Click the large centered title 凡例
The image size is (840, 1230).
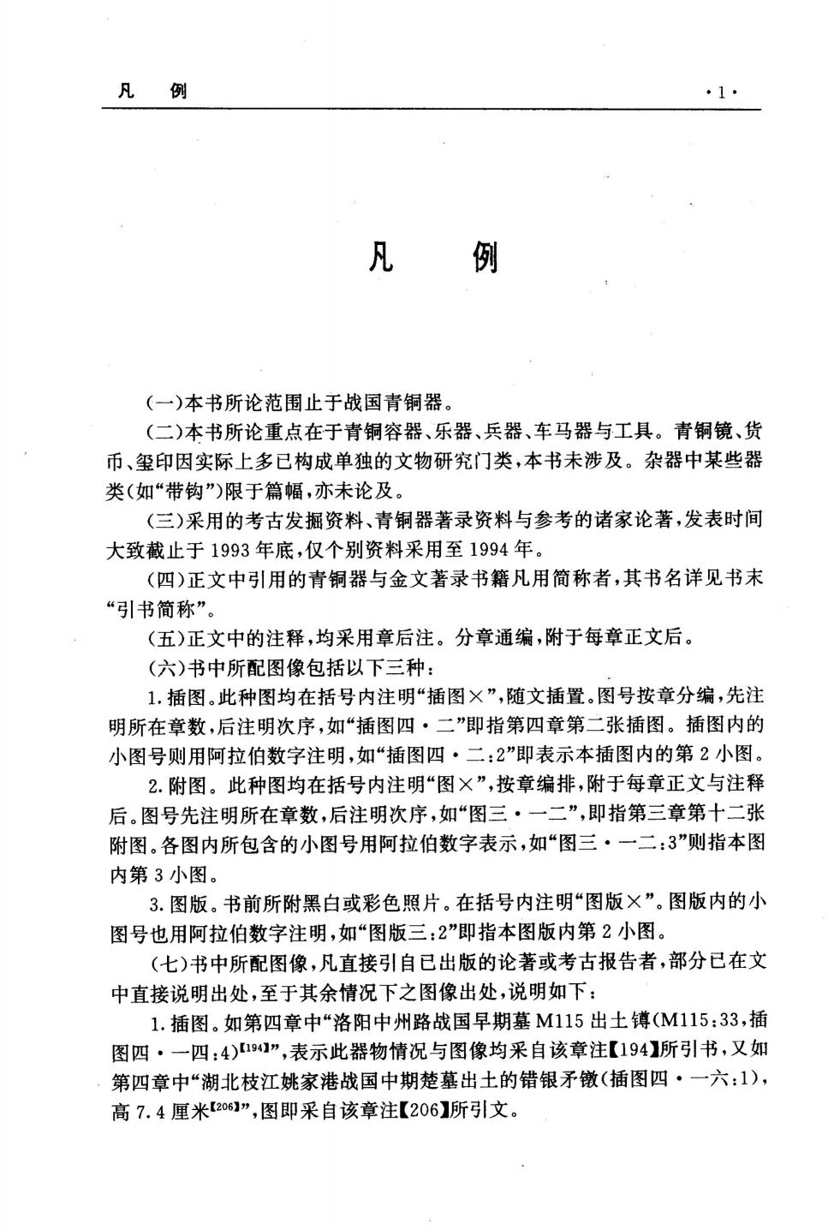tap(432, 254)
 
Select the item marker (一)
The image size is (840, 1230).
tap(163, 400)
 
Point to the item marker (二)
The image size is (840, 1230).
tap(163, 429)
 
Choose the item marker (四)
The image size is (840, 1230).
tap(163, 578)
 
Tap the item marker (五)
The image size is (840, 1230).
tap(163, 637)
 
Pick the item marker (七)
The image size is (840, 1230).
tap(163, 962)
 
